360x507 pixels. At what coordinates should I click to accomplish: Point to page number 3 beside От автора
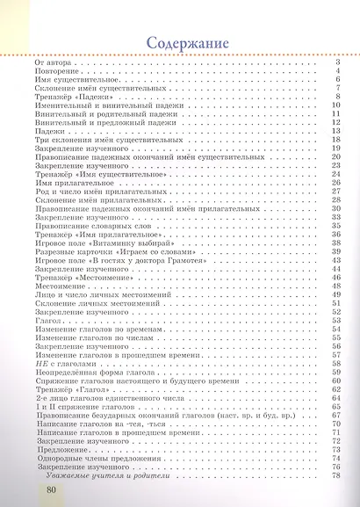click(x=337, y=64)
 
